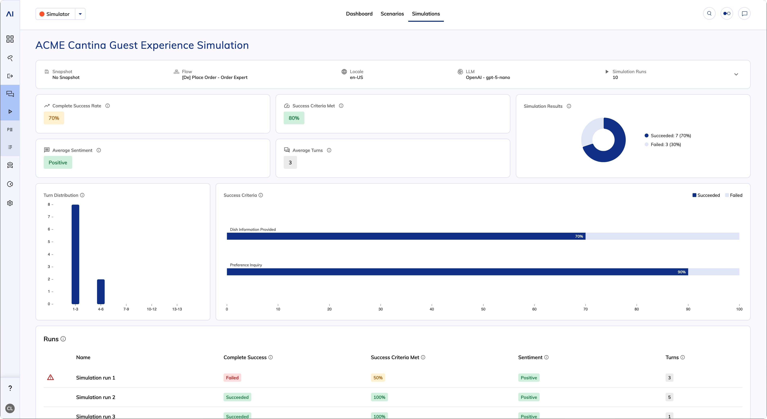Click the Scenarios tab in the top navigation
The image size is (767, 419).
tap(392, 14)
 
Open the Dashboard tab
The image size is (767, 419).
tap(359, 14)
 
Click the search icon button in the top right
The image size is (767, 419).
tap(709, 13)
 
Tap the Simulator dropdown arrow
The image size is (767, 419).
tap(80, 14)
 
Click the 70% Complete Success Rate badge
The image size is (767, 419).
tap(54, 118)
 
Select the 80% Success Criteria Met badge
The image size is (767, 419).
tap(294, 118)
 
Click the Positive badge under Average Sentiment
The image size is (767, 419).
tap(58, 162)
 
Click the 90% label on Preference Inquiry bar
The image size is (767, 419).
tap(681, 272)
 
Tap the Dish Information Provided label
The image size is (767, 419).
tap(253, 229)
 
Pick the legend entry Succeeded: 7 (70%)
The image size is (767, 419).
tap(671, 136)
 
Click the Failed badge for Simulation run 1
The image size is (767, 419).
tap(232, 378)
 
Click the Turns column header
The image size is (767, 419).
tap(672, 357)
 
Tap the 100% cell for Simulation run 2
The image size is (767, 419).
tap(379, 397)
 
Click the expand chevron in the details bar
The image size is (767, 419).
tap(736, 75)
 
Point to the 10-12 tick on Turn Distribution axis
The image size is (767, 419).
tap(152, 309)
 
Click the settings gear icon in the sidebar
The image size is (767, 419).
tap(10, 203)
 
